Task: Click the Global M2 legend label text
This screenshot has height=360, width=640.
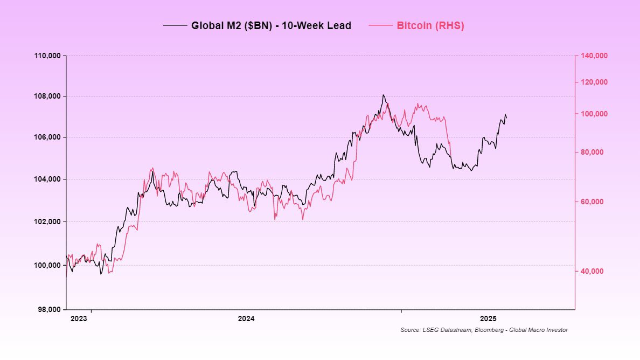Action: (271, 25)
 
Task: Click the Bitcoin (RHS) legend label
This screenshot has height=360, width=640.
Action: (430, 25)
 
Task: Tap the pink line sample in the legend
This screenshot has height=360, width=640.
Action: (380, 25)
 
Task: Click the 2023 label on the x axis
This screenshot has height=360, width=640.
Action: (79, 318)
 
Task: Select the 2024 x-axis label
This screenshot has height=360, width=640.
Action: (246, 318)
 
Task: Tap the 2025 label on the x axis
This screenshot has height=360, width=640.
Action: (488, 318)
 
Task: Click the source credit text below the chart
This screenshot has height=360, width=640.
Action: (484, 330)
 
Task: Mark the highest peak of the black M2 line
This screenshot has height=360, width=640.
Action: (383, 95)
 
